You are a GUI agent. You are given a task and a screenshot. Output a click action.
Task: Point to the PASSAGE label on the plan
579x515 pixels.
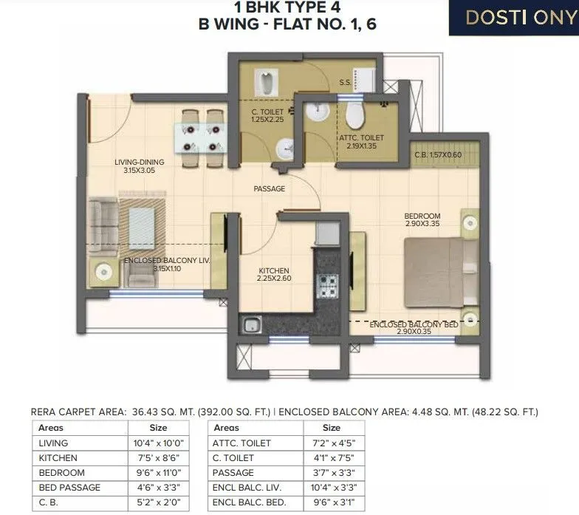click(269, 189)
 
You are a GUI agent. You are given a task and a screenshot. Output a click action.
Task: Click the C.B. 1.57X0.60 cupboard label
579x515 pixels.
click(439, 155)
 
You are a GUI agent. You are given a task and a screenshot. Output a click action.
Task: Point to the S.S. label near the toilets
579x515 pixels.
click(344, 82)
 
